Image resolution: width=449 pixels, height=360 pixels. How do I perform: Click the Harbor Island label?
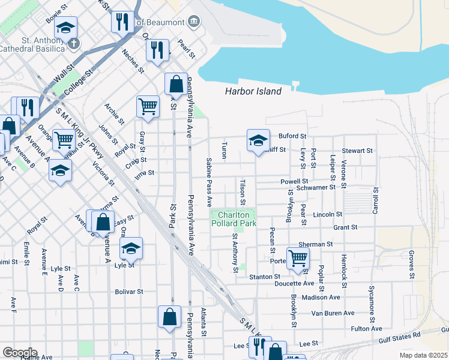tap(253, 92)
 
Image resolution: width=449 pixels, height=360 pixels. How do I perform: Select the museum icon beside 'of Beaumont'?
tap(193, 22)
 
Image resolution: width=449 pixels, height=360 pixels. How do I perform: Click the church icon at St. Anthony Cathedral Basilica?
tap(73, 43)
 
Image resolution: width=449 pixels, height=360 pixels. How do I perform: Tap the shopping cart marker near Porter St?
tap(298, 257)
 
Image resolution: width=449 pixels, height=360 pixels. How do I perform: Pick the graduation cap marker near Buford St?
tap(258, 141)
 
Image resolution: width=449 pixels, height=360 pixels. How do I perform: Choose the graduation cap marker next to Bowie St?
tap(67, 27)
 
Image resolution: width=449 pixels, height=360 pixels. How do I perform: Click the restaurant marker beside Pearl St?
tap(157, 50)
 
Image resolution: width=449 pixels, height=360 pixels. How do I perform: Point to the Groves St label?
tap(412, 265)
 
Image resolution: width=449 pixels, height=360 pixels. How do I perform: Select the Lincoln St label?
tap(327, 214)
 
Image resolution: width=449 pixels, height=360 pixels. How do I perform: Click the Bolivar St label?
tap(129, 292)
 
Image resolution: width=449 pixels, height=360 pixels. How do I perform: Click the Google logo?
tap(19, 352)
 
